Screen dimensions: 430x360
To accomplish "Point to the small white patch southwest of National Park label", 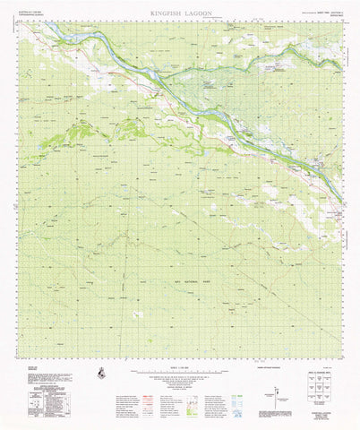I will [136, 313].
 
